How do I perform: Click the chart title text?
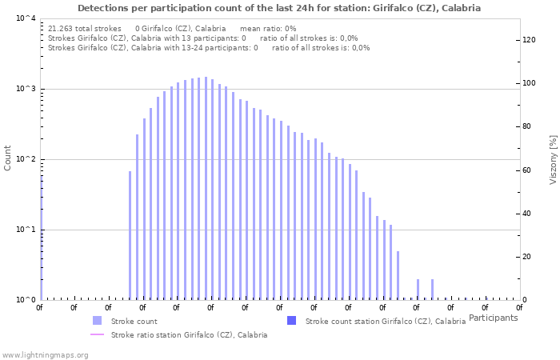coord(280,8)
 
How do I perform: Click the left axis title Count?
coord(8,158)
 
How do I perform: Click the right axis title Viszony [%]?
coord(553,159)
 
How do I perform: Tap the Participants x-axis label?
coord(493,318)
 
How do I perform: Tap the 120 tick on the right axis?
coord(528,40)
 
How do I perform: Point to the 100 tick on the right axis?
coord(528,83)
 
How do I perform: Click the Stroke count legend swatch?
coord(97,321)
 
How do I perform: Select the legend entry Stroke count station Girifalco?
coord(385,321)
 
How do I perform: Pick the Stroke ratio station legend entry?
coord(189,335)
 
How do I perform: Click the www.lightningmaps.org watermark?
coord(45,354)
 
